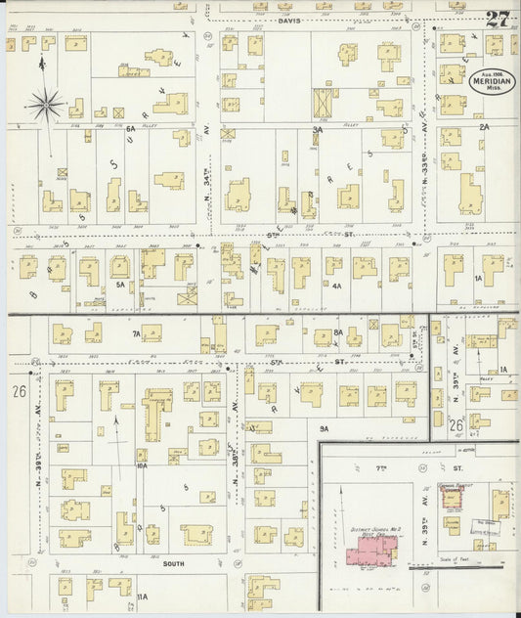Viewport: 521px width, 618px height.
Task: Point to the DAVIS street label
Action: [289, 20]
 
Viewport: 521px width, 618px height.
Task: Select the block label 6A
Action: [130, 129]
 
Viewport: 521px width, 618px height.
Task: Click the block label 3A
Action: [317, 129]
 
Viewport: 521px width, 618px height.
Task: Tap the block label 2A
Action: [483, 127]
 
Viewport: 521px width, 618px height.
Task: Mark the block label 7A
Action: [136, 332]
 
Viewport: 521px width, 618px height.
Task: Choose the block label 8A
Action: [338, 332]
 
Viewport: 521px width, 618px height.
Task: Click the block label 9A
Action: [323, 428]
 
